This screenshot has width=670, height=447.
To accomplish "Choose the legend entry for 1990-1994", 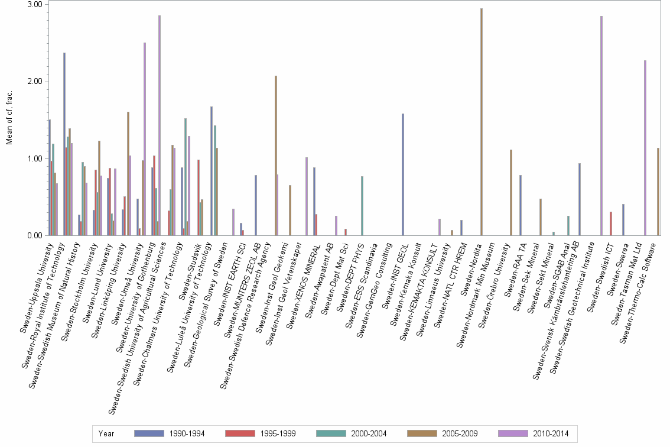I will pos(170,434).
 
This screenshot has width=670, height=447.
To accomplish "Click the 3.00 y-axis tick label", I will pos(35,5).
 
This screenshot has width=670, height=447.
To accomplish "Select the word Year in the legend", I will pos(106,434).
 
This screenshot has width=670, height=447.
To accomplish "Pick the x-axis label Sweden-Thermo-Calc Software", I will pos(641,278).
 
